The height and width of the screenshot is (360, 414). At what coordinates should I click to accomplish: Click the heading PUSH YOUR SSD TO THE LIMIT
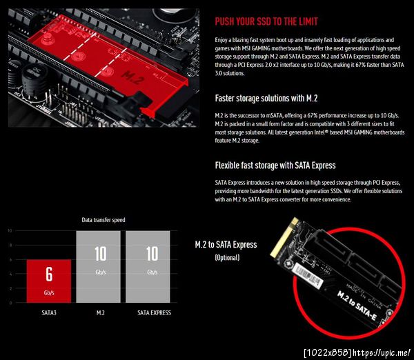pyautogui.click(x=266, y=21)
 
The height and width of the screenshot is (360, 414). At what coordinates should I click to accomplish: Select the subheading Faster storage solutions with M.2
pyautogui.click(x=266, y=99)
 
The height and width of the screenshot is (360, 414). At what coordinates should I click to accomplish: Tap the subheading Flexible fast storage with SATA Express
pyautogui.click(x=275, y=166)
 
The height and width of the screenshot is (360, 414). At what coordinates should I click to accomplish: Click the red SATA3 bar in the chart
pyautogui.click(x=49, y=281)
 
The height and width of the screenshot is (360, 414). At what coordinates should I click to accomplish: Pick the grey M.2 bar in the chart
pyautogui.click(x=98, y=267)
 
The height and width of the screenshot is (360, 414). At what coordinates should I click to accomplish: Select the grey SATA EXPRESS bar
pyautogui.click(x=148, y=267)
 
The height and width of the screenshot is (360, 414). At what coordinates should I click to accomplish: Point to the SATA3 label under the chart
pyautogui.click(x=49, y=312)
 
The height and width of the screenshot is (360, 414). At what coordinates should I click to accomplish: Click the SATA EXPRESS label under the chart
pyautogui.click(x=154, y=312)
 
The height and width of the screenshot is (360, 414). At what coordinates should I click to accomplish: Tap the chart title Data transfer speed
pyautogui.click(x=103, y=220)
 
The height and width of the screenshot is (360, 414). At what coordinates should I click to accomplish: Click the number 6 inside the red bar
pyautogui.click(x=49, y=274)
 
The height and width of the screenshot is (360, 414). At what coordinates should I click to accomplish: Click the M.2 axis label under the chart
pyautogui.click(x=100, y=312)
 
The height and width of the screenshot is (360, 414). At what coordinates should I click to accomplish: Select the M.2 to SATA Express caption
pyautogui.click(x=226, y=245)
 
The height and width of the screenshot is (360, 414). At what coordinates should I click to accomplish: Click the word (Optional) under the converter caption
pyautogui.click(x=227, y=257)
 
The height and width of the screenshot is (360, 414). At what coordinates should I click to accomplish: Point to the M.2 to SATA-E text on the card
pyautogui.click(x=357, y=306)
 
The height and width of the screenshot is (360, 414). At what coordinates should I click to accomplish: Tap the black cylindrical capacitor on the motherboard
pyautogui.click(x=34, y=79)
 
